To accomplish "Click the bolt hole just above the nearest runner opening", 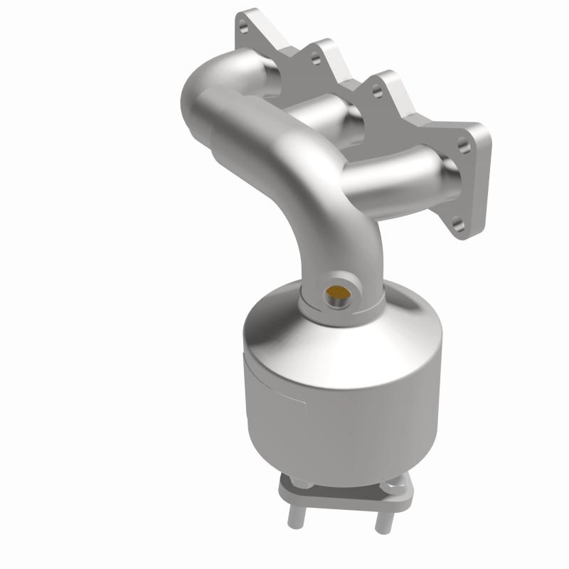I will pos(464,149).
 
